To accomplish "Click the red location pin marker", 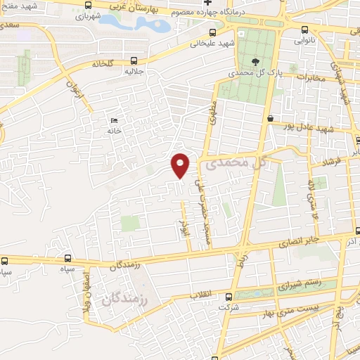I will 181,165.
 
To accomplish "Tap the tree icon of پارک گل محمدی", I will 254,62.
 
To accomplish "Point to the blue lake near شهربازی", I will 134,23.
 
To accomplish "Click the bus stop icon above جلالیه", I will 133,61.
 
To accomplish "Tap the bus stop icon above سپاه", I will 68,259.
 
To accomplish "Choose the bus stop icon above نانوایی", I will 304,30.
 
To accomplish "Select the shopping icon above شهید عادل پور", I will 271,119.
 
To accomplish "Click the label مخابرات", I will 308,78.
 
